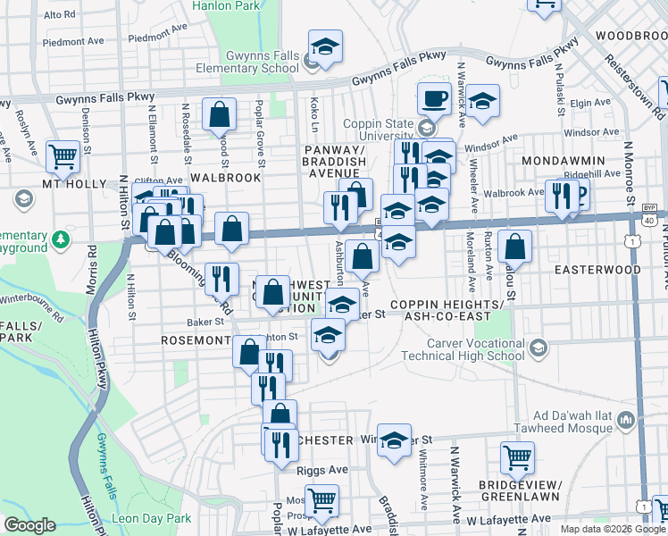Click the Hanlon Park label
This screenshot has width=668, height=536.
pyautogui.click(x=226, y=5)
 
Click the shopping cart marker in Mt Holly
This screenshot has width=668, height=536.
pyautogui.click(x=63, y=156)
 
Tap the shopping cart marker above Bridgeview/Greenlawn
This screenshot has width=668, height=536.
pyautogui.click(x=517, y=457)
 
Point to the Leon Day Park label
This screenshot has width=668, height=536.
pyautogui.click(x=152, y=518)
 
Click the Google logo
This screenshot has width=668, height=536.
pyautogui.click(x=29, y=525)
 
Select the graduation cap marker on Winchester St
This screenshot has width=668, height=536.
pyautogui.click(x=394, y=440)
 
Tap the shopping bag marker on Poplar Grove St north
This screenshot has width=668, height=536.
pyautogui.click(x=219, y=114)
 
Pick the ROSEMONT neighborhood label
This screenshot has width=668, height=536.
pyautogui.click(x=196, y=340)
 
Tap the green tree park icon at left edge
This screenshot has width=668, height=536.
pyautogui.click(x=60, y=239)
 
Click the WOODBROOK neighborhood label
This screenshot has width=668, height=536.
pyautogui.click(x=629, y=35)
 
